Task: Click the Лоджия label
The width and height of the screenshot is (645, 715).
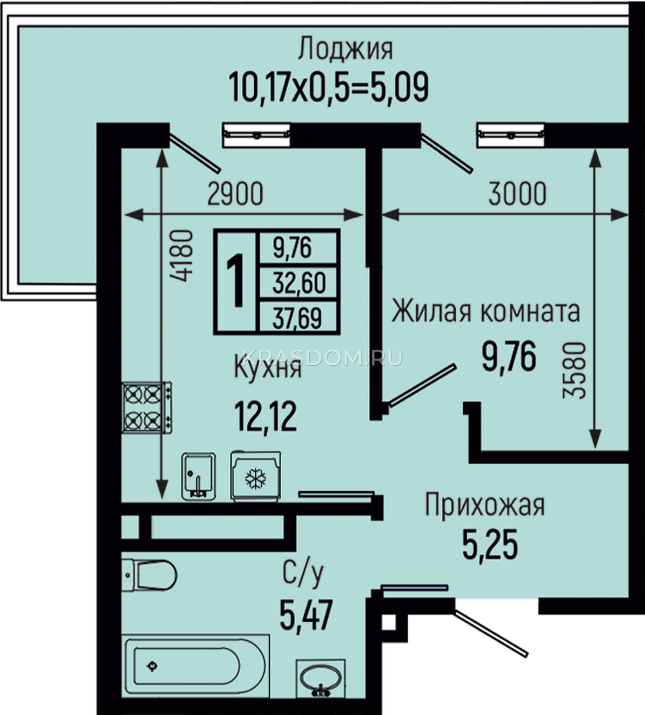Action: click(345, 49)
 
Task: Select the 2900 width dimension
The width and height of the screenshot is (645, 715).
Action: click(235, 194)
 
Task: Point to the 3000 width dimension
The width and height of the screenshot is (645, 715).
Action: click(517, 194)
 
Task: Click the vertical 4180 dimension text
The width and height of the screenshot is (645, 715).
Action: click(182, 256)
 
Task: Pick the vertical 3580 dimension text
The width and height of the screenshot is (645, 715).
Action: click(574, 371)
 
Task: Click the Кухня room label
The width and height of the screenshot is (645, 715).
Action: click(267, 369)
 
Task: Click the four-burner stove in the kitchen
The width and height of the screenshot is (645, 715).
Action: click(147, 408)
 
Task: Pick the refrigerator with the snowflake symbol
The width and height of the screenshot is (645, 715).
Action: click(255, 476)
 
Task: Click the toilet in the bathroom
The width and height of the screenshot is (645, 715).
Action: click(149, 576)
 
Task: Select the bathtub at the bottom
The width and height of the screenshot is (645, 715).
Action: click(195, 665)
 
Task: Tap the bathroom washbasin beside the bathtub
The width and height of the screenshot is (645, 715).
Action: click(321, 677)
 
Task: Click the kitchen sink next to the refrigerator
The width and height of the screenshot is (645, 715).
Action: click(198, 476)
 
